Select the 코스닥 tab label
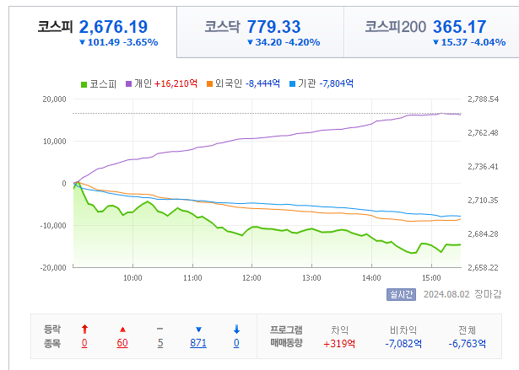pyautogui.click(x=223, y=27)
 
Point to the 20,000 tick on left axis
pyautogui.click(x=52, y=99)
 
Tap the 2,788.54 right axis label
pyautogui.click(x=484, y=99)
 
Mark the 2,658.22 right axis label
pyautogui.click(x=484, y=267)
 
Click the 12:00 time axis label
pyautogui.click(x=251, y=277)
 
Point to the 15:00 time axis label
pyautogui.click(x=431, y=277)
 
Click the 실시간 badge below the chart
pyautogui.click(x=401, y=294)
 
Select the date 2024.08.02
pyautogui.click(x=446, y=294)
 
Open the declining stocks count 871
pyautogui.click(x=198, y=343)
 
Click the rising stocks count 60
pyautogui.click(x=122, y=343)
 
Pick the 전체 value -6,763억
pyautogui.click(x=466, y=343)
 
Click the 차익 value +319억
pyautogui.click(x=339, y=343)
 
